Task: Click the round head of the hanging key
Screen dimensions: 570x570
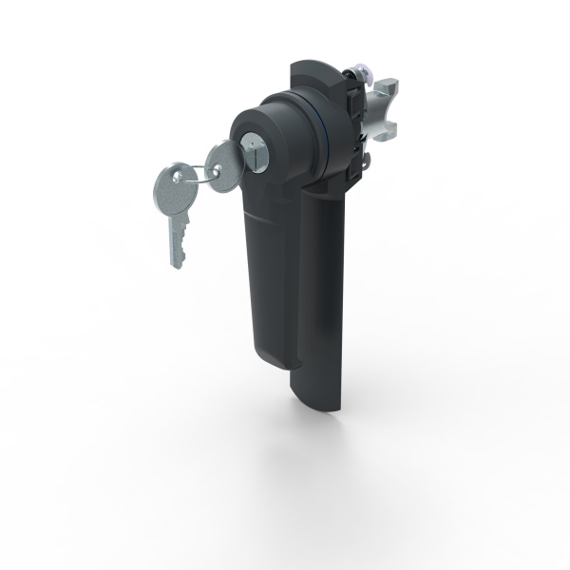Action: pyautogui.click(x=169, y=181)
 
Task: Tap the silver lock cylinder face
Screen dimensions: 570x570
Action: pyautogui.click(x=256, y=146)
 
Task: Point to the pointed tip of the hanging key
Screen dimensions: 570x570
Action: pyautogui.click(x=176, y=264)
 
